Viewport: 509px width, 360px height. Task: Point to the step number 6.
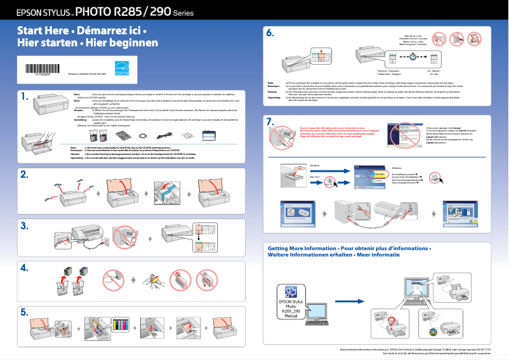tap(270, 33)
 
